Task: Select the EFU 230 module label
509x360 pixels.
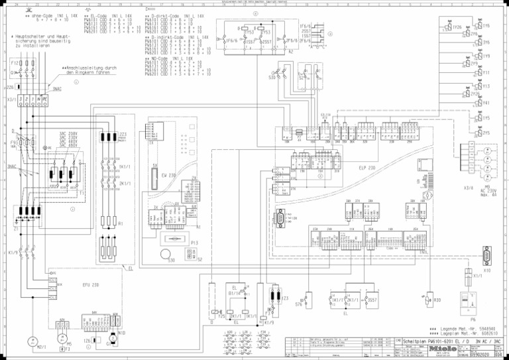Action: pos(91,284)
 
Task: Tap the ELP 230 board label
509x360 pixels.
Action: pos(367,168)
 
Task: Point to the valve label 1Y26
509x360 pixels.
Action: pos(457,27)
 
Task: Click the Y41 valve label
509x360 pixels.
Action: pos(486,103)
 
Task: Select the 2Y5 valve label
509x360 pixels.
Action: pos(486,133)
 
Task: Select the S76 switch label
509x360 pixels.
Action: pos(299,304)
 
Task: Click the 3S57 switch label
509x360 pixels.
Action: pos(372,300)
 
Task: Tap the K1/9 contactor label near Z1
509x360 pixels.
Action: pos(13,253)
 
